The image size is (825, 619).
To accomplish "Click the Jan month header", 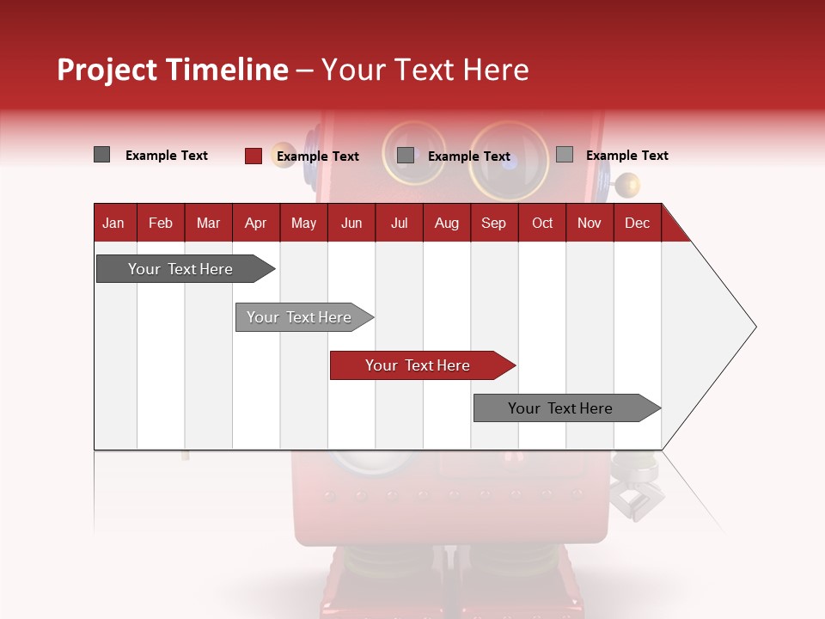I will click(113, 223).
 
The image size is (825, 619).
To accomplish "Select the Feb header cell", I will click(161, 223).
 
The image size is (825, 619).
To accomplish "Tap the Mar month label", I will click(208, 223).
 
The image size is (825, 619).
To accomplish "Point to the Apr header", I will click(255, 223).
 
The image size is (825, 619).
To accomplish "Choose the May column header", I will click(303, 223).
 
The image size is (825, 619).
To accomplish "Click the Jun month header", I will click(351, 223).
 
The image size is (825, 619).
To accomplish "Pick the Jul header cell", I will click(399, 223).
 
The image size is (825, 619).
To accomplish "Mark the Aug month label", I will click(447, 223).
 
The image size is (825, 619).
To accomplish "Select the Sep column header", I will click(493, 223).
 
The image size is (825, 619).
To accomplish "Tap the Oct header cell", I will click(542, 223).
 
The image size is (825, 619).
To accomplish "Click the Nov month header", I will click(590, 223).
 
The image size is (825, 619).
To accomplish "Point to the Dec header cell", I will click(637, 223).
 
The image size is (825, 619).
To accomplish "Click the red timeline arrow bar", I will click(421, 365).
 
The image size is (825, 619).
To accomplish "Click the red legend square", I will click(253, 156).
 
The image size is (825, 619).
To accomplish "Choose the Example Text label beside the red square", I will click(318, 156).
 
